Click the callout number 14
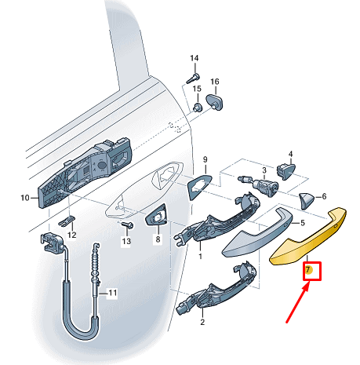click(x=195, y=59)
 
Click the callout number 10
click(x=24, y=197)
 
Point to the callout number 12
click(x=71, y=235)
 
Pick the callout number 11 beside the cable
click(x=112, y=294)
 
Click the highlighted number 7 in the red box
click(x=309, y=271)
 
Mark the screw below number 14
click(x=193, y=78)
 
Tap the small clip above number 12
click(x=68, y=217)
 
